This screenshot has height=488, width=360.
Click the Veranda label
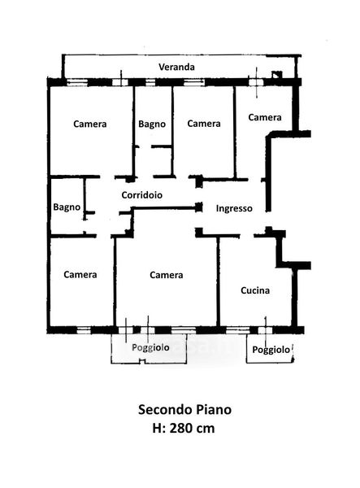click(176, 67)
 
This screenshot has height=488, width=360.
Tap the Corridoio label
click(141, 195)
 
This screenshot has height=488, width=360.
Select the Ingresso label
click(234, 208)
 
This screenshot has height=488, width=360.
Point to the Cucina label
click(255, 290)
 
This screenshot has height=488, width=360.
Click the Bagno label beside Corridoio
click(67, 207)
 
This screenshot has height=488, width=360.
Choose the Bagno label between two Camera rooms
click(152, 124)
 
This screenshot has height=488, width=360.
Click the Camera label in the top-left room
click(90, 124)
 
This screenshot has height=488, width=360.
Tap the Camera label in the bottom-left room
click(80, 275)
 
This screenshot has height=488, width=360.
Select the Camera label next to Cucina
click(167, 275)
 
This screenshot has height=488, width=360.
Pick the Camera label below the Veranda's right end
click(265, 117)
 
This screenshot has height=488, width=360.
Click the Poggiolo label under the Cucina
click(271, 350)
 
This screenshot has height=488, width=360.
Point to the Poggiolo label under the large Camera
click(150, 347)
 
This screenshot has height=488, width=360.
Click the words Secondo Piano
click(184, 410)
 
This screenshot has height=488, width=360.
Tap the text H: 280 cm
click(184, 429)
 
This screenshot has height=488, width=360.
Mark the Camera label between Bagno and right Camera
click(204, 124)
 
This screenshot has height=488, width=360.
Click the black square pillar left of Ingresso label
click(199, 207)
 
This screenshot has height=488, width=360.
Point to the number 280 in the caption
click(181, 429)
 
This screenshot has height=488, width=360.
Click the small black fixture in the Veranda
click(276, 75)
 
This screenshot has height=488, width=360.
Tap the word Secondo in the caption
click(166, 410)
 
